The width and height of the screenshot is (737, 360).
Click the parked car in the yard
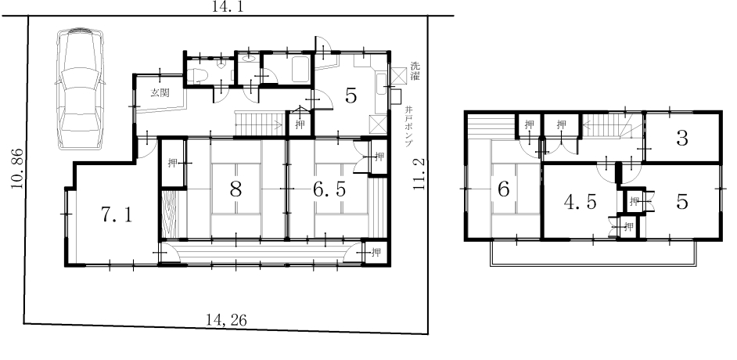(x=80, y=89)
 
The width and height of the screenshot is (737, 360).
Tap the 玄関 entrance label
(x=160, y=92)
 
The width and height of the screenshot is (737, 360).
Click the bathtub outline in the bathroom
(x=301, y=69)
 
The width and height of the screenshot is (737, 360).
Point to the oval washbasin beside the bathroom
(x=249, y=59)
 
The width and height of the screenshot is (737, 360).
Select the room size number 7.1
(x=117, y=214)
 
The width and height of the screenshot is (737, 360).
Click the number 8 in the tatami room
(x=235, y=189)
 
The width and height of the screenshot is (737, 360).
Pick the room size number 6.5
(x=329, y=189)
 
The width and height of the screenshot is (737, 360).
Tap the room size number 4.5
(x=580, y=202)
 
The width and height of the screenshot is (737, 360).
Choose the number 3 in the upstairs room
(x=682, y=139)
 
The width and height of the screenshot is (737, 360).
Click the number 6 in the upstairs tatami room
(x=503, y=189)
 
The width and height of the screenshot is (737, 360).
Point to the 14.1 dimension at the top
(x=228, y=6)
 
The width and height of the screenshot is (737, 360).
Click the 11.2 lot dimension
(x=419, y=174)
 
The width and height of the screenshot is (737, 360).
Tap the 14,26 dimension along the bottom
(x=226, y=320)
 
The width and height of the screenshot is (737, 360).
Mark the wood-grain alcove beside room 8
(x=167, y=214)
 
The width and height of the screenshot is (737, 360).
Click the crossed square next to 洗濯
(x=398, y=74)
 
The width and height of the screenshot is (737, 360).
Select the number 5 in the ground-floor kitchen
(x=351, y=96)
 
